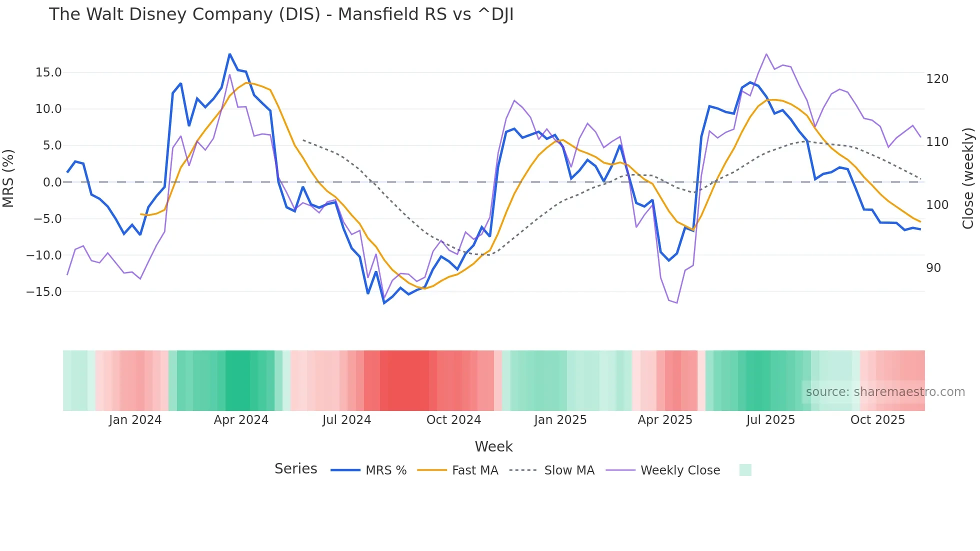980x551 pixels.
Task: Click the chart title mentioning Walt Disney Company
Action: (x=281, y=14)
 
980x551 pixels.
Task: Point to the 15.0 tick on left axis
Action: (x=48, y=72)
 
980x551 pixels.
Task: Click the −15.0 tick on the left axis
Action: (x=44, y=291)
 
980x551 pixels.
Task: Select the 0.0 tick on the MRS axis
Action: (x=52, y=182)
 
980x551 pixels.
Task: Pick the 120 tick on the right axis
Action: (x=937, y=79)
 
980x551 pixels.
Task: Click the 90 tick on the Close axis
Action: (x=933, y=268)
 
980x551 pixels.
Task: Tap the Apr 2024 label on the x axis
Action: (x=241, y=420)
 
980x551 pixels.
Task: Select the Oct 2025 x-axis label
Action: (x=877, y=420)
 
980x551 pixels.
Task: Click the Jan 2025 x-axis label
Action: (x=560, y=420)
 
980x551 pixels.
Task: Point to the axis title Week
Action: (x=493, y=446)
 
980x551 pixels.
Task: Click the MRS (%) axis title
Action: (x=8, y=178)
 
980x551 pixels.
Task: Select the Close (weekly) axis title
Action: (x=968, y=178)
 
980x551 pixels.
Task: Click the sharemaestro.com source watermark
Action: (x=885, y=392)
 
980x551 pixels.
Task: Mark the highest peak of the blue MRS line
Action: (x=229, y=54)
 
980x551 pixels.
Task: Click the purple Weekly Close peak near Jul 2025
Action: (x=766, y=54)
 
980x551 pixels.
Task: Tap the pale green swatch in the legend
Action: (x=745, y=470)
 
